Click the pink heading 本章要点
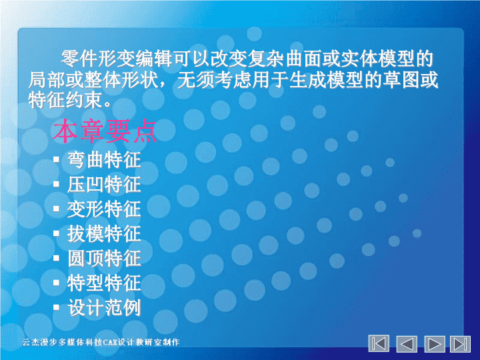[105, 131]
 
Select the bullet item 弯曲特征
[105, 160]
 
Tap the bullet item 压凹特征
[105, 184]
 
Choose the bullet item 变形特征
[105, 209]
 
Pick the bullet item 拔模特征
[105, 233]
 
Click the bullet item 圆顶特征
[105, 258]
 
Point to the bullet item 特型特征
[105, 283]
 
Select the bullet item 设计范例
[105, 307]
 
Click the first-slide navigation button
[379, 344]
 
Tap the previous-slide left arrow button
[407, 344]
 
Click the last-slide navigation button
[460, 344]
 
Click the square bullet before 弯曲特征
[56, 159]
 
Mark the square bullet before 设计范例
[56, 307]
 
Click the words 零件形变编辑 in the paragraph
[116, 59]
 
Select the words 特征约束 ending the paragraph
[65, 100]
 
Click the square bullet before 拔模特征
[56, 233]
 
